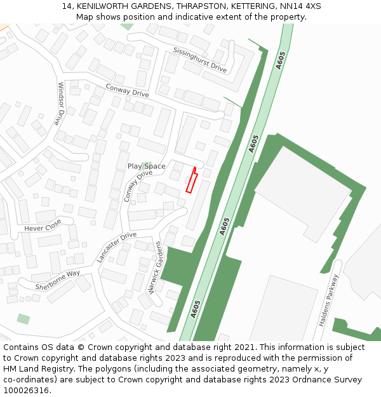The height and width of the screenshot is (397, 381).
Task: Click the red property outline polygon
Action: pos(191,182)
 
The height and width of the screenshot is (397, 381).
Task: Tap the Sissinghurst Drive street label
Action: pos(200,59)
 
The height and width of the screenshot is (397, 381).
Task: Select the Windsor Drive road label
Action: pos(62,104)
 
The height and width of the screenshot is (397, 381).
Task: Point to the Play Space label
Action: pos(146,166)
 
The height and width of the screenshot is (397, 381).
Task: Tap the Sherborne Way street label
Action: pos(58,279)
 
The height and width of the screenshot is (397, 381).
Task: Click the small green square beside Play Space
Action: pos(147,166)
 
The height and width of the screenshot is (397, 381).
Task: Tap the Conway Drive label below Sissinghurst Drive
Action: pos(127,91)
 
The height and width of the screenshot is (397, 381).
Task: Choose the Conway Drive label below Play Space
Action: pos(138,185)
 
